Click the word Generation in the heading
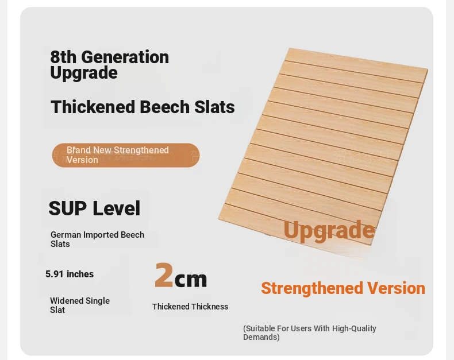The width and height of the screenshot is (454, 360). [125, 57]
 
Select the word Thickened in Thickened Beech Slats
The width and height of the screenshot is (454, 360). [93, 106]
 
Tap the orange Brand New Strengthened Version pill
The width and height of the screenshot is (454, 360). [126, 155]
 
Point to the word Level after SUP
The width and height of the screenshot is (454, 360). [117, 208]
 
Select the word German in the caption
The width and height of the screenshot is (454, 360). [66, 235]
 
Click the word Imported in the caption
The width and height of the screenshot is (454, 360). [101, 235]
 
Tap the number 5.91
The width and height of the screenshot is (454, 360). [55, 274]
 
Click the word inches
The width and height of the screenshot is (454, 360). [80, 274]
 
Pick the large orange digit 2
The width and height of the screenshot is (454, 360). [164, 275]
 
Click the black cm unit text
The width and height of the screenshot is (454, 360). [191, 279]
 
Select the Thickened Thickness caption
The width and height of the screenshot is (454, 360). [190, 307]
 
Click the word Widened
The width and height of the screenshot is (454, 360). [66, 301]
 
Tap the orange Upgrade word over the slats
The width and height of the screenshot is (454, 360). [329, 231]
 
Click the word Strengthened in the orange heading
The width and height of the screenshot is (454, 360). [312, 289]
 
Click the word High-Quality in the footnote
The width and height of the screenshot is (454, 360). [354, 329]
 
